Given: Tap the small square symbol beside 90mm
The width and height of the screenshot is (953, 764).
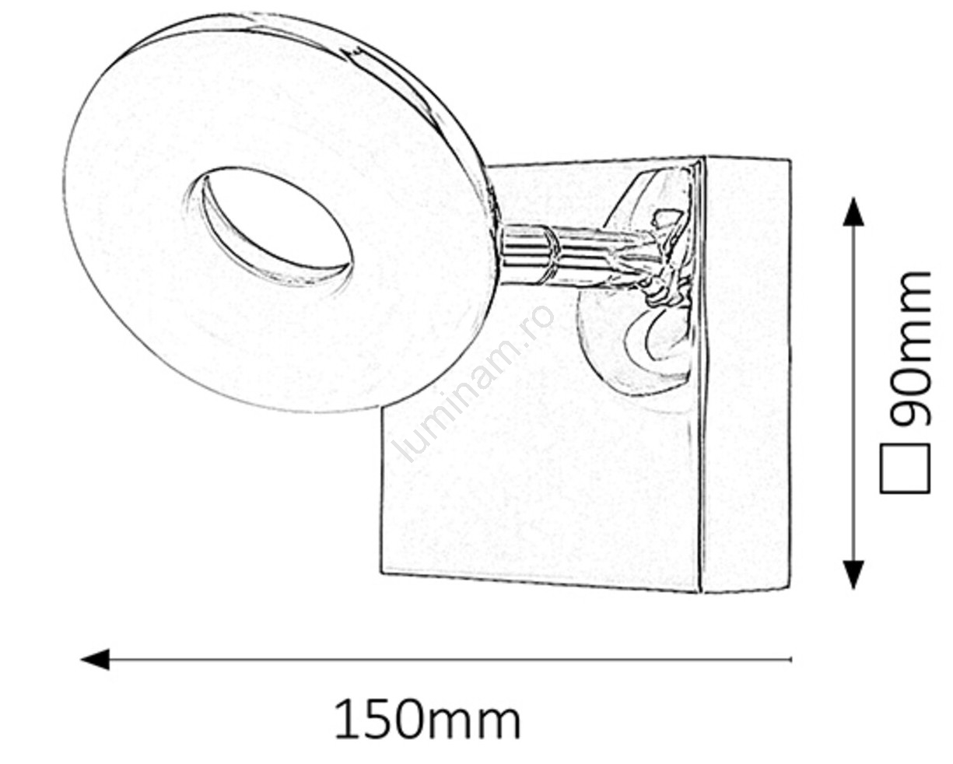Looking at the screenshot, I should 905,469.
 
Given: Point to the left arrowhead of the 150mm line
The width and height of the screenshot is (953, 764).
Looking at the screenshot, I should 95,660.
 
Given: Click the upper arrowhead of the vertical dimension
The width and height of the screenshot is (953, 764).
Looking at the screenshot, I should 853,212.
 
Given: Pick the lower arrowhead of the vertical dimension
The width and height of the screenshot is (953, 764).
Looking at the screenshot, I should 853,573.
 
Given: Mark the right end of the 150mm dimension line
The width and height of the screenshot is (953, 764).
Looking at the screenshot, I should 790,660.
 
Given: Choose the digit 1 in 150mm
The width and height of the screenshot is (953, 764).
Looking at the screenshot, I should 347,720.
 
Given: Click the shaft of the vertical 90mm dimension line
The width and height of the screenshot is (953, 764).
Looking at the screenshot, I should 853,389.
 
